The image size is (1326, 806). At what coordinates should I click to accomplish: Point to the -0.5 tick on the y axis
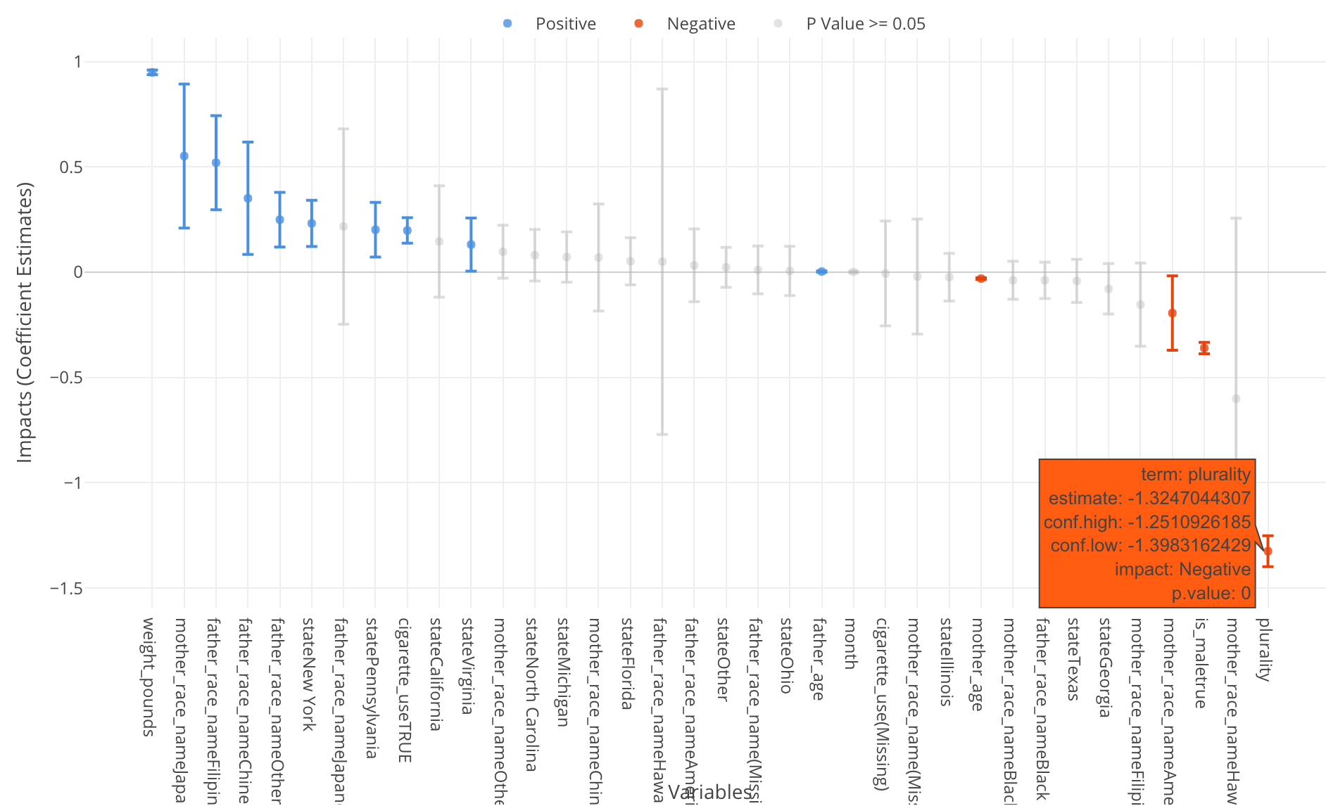point(66,378)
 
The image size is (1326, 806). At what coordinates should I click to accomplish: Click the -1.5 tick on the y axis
point(66,589)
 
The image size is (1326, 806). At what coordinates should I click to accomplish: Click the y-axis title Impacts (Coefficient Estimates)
point(25,322)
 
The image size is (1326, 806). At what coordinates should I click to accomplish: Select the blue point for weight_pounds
point(152,72)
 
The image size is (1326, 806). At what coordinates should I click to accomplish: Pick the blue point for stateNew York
point(312,224)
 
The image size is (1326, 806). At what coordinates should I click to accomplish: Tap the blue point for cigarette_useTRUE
point(408,231)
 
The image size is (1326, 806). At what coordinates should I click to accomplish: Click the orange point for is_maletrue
point(1204,348)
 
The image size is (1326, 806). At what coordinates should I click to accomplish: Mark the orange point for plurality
point(1268,551)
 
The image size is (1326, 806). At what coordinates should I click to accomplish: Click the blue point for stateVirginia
point(471,245)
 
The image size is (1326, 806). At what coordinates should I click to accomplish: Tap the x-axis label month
point(851,643)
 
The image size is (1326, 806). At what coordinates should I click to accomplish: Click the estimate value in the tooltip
point(1188,499)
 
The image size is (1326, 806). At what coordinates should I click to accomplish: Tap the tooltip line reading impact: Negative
point(1182,570)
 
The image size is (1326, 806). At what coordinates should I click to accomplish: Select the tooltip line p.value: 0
point(1211,594)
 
